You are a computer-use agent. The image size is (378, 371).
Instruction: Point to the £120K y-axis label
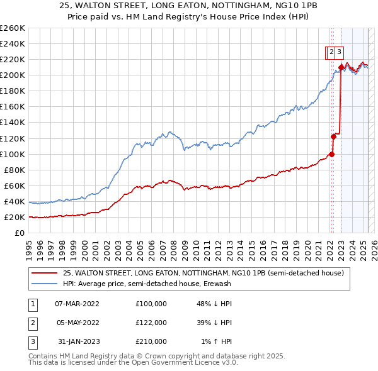(x=13, y=138)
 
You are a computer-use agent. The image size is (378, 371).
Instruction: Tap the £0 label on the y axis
(x=20, y=233)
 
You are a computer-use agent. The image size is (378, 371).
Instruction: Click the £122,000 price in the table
(x=151, y=323)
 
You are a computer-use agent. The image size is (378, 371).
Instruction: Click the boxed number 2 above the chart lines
(x=330, y=53)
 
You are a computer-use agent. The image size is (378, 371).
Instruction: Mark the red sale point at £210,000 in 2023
(x=341, y=67)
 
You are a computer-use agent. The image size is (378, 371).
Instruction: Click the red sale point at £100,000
(x=331, y=154)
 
